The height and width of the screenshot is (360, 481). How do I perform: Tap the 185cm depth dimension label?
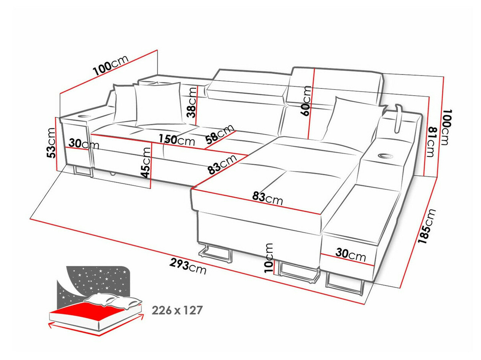click(x=426, y=227)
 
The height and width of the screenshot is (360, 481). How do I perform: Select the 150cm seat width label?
click(x=176, y=140)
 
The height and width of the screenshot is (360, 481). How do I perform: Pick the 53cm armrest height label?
click(x=51, y=143)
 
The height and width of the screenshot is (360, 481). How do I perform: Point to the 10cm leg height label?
click(x=269, y=258)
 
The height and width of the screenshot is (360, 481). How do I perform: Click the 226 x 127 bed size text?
click(x=177, y=310)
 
